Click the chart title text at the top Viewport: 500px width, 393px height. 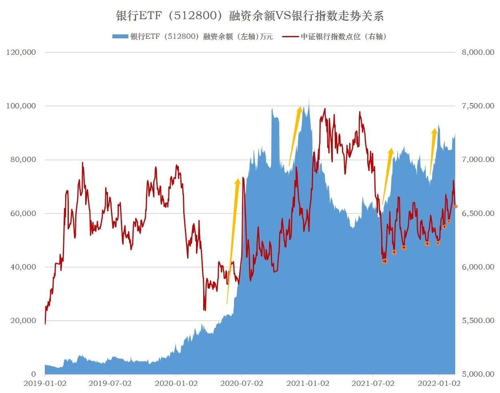click(x=250, y=16)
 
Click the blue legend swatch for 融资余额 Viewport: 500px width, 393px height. click(x=120, y=37)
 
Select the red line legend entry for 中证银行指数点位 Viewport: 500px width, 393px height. click(x=335, y=37)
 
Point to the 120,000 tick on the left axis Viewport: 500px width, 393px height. click(x=21, y=52)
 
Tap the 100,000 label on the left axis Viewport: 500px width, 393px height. click(x=21, y=106)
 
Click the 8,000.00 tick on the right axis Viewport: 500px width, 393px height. click(x=478, y=52)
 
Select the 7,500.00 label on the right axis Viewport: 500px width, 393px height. click(x=478, y=106)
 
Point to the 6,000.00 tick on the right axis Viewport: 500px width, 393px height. click(x=478, y=267)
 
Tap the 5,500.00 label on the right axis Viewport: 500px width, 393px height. click(x=478, y=321)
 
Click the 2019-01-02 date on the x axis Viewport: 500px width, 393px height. click(x=45, y=383)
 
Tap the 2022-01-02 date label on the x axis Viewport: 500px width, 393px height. click(x=439, y=383)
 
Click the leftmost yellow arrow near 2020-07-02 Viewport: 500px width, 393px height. click(x=232, y=240)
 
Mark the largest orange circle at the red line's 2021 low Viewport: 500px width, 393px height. click(x=385, y=261)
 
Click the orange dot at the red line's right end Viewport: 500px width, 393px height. click(x=456, y=206)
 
